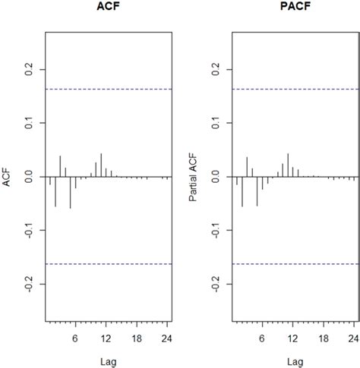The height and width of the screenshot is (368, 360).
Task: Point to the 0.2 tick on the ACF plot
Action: pyautogui.click(x=30, y=69)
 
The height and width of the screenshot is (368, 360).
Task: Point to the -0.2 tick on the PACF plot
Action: pyautogui.click(x=214, y=285)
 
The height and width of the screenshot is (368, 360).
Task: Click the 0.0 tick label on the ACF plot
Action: pyautogui.click(x=30, y=177)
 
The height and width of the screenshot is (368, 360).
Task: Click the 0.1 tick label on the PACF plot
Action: pyautogui.click(x=214, y=123)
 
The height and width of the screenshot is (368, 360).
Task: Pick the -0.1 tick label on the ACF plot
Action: pyautogui.click(x=30, y=231)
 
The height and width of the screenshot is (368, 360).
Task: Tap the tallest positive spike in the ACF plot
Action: pyautogui.click(x=101, y=165)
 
